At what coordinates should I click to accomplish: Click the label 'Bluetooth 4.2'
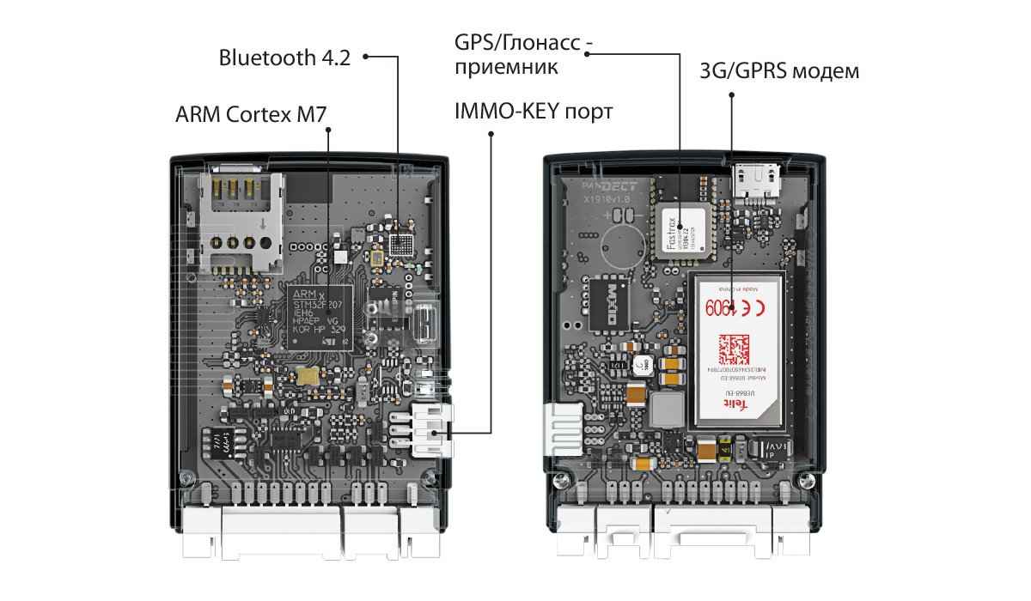coord(284,58)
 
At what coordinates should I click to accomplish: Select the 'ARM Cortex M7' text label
coord(251,114)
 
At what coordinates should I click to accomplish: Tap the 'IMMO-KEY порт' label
coord(534,112)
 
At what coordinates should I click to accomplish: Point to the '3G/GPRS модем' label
coord(779,71)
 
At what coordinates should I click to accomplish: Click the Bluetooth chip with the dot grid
coord(400,245)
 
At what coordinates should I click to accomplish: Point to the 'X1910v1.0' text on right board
coord(607,198)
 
